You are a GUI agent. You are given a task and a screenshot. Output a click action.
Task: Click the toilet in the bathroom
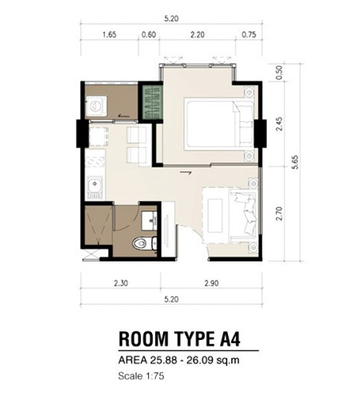[144, 243]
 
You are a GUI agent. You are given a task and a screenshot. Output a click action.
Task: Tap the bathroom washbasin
[149, 221]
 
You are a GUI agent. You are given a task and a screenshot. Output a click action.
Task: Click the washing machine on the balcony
[96, 106]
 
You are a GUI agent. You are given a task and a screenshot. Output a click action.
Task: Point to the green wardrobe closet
[152, 102]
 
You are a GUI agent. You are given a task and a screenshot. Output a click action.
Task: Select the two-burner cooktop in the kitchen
[95, 161]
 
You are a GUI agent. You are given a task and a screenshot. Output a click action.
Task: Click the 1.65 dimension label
[109, 34]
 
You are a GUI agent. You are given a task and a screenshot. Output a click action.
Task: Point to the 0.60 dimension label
[149, 34]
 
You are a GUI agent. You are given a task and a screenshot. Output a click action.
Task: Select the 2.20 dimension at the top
[197, 34]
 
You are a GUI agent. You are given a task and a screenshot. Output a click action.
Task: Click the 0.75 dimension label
[249, 34]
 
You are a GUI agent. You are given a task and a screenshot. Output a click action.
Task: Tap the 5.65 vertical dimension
[295, 162]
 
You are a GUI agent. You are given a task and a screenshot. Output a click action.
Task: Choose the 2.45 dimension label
[279, 124]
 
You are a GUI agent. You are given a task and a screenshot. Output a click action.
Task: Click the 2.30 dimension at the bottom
[121, 283]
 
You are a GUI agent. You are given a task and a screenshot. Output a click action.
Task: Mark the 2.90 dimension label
[211, 283]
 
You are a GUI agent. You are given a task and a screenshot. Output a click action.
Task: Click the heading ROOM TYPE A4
[179, 339]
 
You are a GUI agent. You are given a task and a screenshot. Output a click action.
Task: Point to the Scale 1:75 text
[141, 376]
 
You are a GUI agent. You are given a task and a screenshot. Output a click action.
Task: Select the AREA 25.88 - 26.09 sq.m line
[179, 360]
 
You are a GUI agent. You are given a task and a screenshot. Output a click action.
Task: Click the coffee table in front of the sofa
[215, 215]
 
